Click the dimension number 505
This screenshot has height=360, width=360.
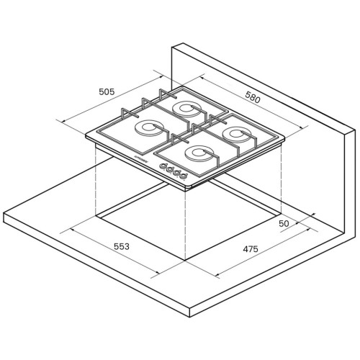tap(107, 91)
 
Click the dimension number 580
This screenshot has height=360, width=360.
tap(253, 96)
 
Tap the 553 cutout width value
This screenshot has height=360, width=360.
tap(122, 246)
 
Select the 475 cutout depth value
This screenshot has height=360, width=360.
tap(251, 249)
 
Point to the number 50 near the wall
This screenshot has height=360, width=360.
tap(284, 224)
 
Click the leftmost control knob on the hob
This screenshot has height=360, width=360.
tap(163, 166)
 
